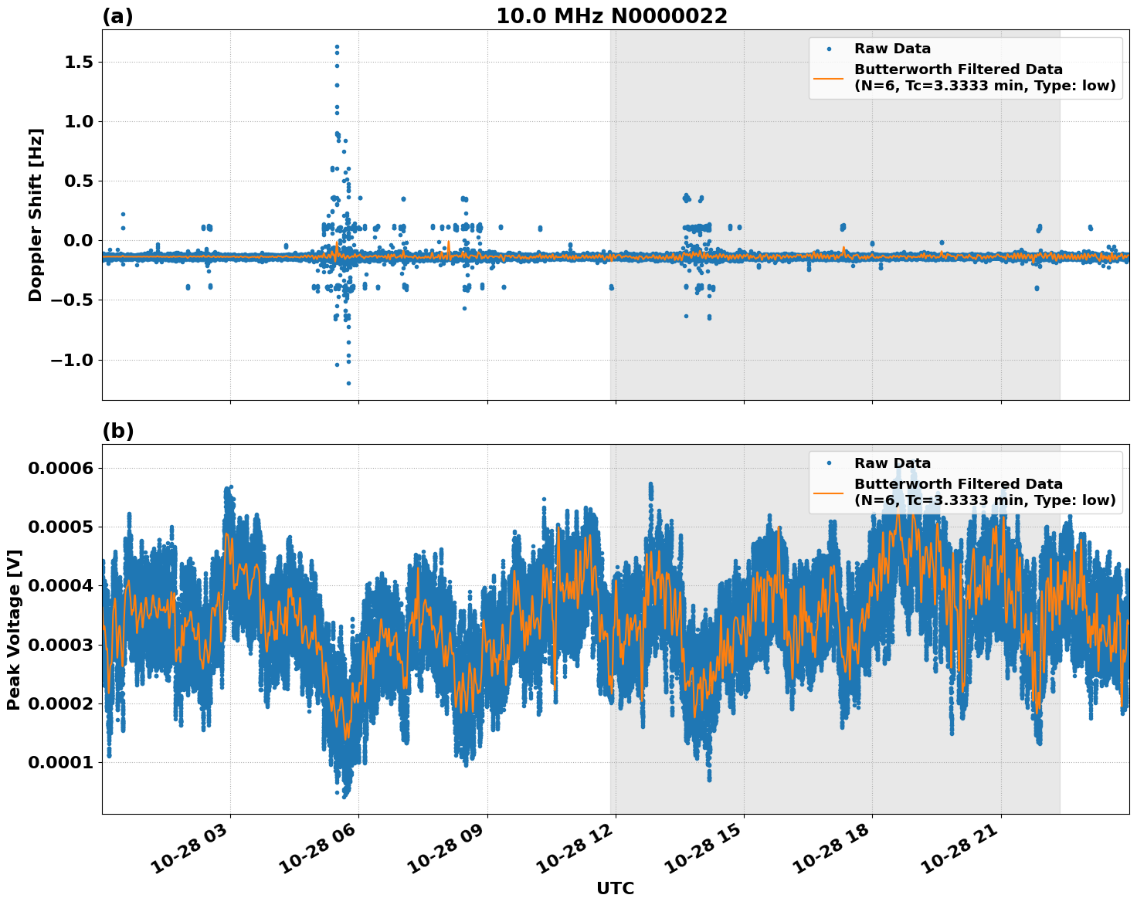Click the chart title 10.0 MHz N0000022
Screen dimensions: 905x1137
tap(611, 16)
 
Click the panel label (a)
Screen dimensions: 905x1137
tap(117, 16)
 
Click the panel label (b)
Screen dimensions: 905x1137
tap(117, 431)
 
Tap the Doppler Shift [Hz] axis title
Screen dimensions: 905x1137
tap(35, 215)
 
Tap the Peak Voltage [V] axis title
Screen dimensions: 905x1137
tap(13, 629)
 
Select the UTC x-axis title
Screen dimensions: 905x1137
tap(615, 888)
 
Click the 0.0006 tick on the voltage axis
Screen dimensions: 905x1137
tap(60, 468)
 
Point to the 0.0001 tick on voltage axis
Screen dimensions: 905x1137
tap(60, 763)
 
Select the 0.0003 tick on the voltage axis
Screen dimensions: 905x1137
tap(60, 645)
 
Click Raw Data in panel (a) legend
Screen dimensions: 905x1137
tap(892, 49)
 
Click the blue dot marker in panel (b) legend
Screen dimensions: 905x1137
tap(829, 463)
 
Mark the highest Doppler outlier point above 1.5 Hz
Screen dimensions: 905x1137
tap(337, 46)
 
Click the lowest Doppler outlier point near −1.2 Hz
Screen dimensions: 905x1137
tap(348, 383)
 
